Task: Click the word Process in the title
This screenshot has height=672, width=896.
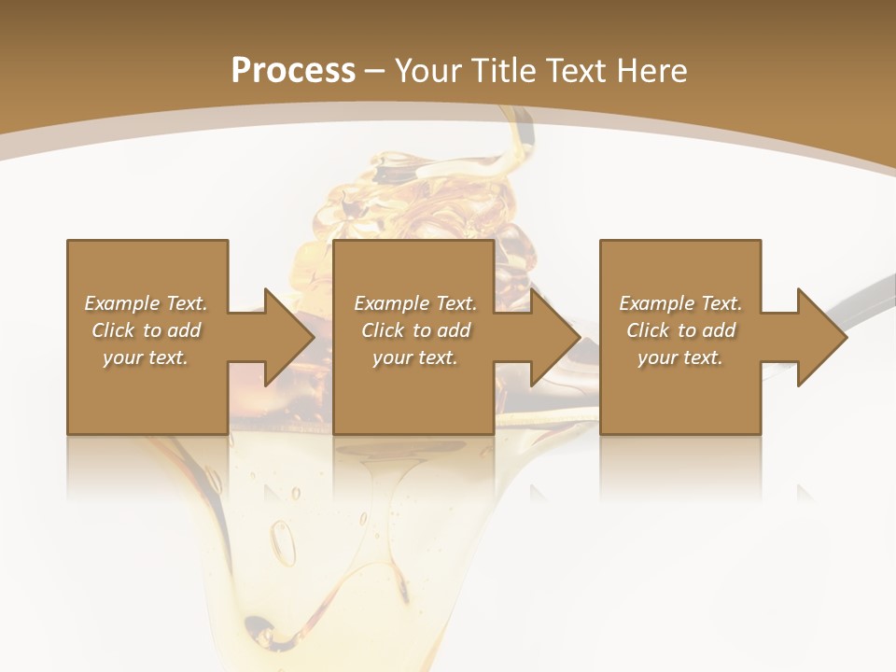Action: pyautogui.click(x=293, y=71)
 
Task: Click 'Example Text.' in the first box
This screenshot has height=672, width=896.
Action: pyautogui.click(x=146, y=303)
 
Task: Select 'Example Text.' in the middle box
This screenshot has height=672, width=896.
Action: pyautogui.click(x=415, y=303)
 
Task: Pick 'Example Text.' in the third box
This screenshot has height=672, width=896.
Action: pyautogui.click(x=680, y=303)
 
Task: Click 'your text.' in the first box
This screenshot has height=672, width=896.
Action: pyautogui.click(x=146, y=357)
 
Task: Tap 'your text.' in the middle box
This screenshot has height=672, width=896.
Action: pyautogui.click(x=415, y=357)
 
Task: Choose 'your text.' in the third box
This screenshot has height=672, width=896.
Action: pyautogui.click(x=680, y=357)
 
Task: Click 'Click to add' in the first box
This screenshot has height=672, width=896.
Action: pyautogui.click(x=146, y=330)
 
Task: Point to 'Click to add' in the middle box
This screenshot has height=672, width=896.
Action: pyautogui.click(x=415, y=330)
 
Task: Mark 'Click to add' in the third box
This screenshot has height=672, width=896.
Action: pyautogui.click(x=680, y=330)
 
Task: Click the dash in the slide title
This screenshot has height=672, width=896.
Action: pyautogui.click(x=375, y=71)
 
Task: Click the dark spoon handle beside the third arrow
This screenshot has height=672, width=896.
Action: pyautogui.click(x=863, y=308)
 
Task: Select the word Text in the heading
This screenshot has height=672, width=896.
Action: pyautogui.click(x=571, y=71)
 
